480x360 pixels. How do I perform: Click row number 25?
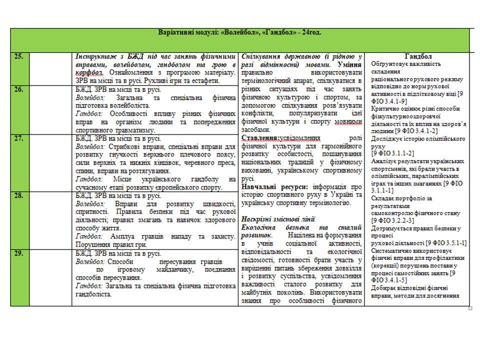point(18,56)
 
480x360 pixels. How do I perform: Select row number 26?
point(18,90)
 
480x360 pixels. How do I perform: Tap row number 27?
point(18,139)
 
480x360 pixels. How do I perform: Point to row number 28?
point(18,196)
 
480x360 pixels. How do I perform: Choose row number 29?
point(18,253)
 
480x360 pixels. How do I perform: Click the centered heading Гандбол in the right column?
point(419,56)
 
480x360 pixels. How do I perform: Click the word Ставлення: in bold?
point(258,138)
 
